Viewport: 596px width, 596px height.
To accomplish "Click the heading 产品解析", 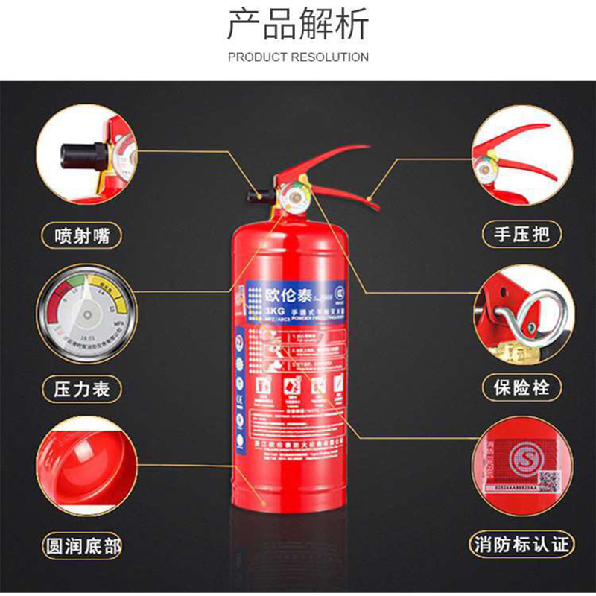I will click(x=298, y=25).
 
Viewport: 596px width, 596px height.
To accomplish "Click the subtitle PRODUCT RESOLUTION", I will click(x=298, y=57).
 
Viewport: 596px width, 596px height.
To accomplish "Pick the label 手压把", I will click(x=521, y=235).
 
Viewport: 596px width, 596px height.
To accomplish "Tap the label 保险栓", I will click(x=521, y=387).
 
